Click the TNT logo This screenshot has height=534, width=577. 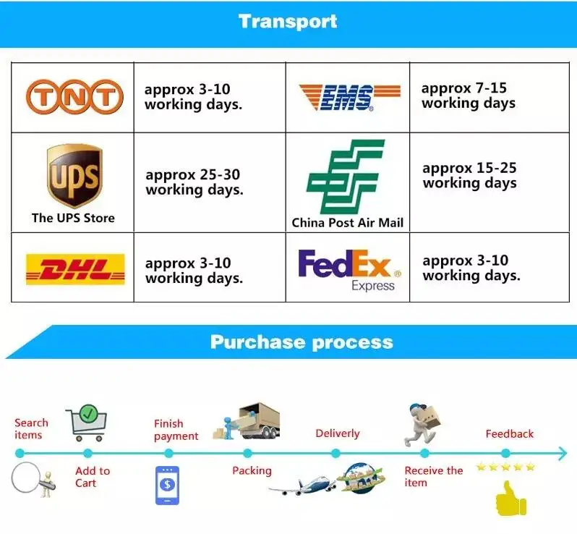pyautogui.click(x=72, y=97)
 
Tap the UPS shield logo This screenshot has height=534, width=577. pyautogui.click(x=74, y=176)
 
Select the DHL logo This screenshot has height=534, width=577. pyautogui.click(x=74, y=269)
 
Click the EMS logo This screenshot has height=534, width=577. pyautogui.click(x=349, y=97)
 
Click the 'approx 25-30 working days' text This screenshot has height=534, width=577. pyautogui.click(x=194, y=182)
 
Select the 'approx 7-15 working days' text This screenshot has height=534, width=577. pyautogui.click(x=468, y=96)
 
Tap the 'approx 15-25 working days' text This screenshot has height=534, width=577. pyautogui.click(x=469, y=175)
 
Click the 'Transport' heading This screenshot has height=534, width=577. pyautogui.click(x=288, y=21)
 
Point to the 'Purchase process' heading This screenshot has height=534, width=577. pyautogui.click(x=302, y=342)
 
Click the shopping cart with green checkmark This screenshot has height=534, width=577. pyautogui.click(x=87, y=423)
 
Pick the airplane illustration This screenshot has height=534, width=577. pyautogui.click(x=302, y=484)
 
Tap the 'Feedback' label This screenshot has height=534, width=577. pyautogui.click(x=509, y=433)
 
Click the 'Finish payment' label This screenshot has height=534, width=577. pyautogui.click(x=176, y=430)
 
